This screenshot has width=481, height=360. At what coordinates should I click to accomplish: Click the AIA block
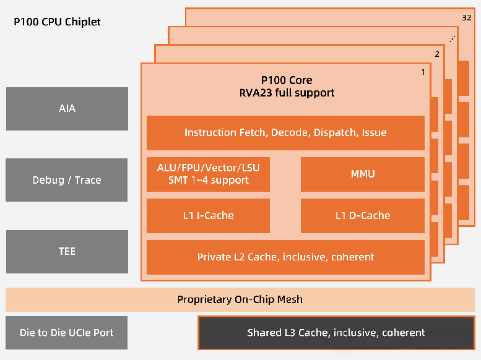[x=67, y=109]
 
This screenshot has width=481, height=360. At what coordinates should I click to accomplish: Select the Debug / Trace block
[x=67, y=180]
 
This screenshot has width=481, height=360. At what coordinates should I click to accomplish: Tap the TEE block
[x=67, y=252]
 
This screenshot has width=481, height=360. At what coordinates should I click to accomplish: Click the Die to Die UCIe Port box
[x=67, y=332]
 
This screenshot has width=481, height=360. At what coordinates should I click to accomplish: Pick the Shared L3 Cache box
[x=336, y=333]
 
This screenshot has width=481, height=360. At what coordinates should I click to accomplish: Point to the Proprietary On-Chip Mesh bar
[x=240, y=299]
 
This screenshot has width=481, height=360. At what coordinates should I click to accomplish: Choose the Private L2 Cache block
[x=285, y=257]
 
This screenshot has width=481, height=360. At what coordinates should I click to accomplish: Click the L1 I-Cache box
[x=208, y=215]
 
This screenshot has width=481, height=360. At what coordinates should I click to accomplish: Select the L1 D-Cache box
[x=362, y=215]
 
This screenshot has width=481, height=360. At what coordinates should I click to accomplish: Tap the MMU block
[x=362, y=174]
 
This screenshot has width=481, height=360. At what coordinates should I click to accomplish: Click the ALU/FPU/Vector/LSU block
[x=208, y=174]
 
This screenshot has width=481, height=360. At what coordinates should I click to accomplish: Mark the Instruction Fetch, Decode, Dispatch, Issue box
[x=285, y=132]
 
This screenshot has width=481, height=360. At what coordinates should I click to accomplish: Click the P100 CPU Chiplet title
[x=57, y=22]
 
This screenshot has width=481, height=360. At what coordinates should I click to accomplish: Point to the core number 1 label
[x=423, y=72]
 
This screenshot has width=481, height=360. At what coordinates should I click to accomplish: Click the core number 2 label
[x=437, y=54]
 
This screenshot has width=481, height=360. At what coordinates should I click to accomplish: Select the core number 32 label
[x=466, y=17]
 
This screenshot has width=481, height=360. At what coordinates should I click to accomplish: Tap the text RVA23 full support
[x=286, y=93]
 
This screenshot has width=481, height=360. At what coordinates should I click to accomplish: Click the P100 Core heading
[x=286, y=80]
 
